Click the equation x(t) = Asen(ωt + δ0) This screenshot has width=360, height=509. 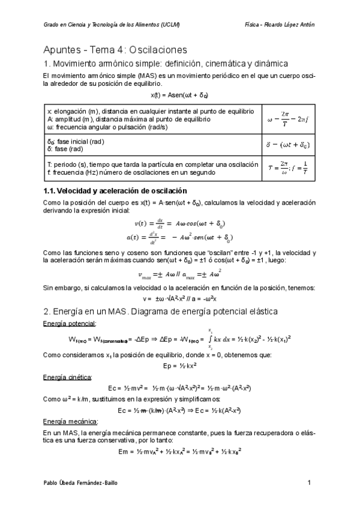pyautogui.click(x=179, y=95)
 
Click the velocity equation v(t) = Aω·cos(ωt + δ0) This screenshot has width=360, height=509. pyautogui.click(x=180, y=222)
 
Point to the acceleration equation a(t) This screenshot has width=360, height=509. pyautogui.click(x=180, y=236)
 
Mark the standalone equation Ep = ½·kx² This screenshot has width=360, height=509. pyautogui.click(x=179, y=366)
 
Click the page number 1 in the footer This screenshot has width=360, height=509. pyautogui.click(x=309, y=483)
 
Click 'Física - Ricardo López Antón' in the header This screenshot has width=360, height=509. pyautogui.click(x=280, y=25)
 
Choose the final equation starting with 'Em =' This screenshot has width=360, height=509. pyautogui.click(x=179, y=452)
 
